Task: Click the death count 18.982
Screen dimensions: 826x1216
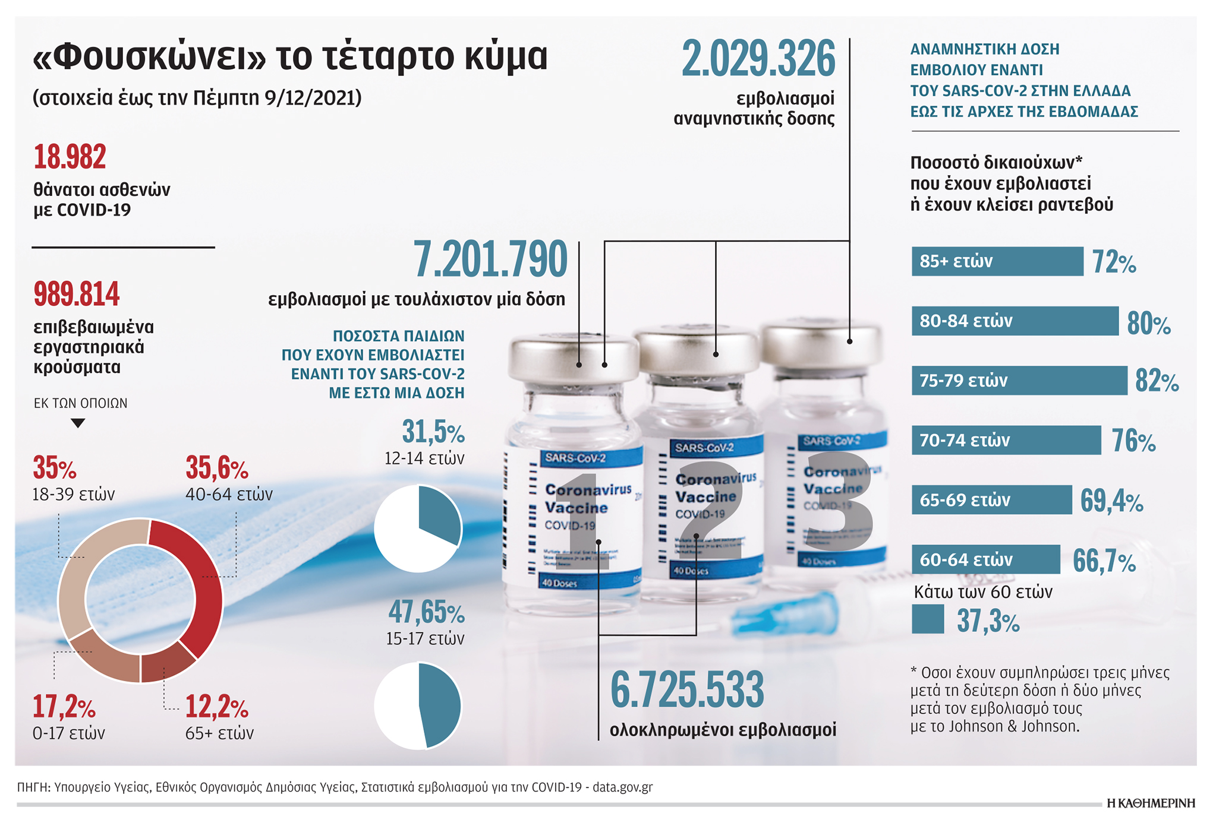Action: [70, 157]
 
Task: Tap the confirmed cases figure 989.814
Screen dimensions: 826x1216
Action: [77, 295]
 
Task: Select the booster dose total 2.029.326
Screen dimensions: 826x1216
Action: [758, 59]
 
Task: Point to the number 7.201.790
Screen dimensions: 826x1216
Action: [490, 260]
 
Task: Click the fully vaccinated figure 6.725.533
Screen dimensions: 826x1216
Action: [687, 691]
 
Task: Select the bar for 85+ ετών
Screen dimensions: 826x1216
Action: [997, 261]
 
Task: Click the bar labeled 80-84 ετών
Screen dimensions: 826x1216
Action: [1015, 321]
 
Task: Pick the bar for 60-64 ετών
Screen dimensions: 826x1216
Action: [985, 559]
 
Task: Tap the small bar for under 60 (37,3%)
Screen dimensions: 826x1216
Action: [927, 619]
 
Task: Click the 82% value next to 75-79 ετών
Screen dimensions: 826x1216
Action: [1157, 381]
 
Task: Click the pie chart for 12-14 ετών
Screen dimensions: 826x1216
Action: [418, 528]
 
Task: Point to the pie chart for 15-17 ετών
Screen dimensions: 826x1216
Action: [418, 705]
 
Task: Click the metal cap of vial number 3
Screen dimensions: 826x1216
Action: [821, 344]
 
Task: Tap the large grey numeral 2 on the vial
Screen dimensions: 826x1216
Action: [710, 511]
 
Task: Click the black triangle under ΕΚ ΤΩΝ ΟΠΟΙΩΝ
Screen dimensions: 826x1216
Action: [78, 423]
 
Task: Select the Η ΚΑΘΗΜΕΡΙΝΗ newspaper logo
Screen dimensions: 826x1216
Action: [1151, 803]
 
